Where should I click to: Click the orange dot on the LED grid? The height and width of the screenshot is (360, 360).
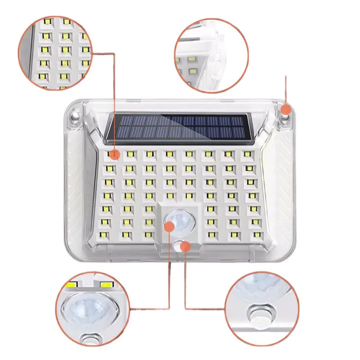(x=114, y=154)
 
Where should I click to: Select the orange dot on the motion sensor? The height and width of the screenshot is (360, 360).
(x=169, y=227)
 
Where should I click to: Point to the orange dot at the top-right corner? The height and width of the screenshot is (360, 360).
(x=285, y=109)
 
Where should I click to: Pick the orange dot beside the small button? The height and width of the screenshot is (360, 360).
(x=186, y=245)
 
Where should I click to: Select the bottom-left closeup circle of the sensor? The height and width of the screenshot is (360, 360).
(x=93, y=309)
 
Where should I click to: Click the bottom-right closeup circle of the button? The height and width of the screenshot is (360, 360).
(x=261, y=309)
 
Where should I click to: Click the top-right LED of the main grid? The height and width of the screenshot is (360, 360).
(x=247, y=154)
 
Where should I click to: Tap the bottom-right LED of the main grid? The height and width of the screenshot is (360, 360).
(x=257, y=234)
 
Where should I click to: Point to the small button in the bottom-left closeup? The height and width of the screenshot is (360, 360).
(x=91, y=339)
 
